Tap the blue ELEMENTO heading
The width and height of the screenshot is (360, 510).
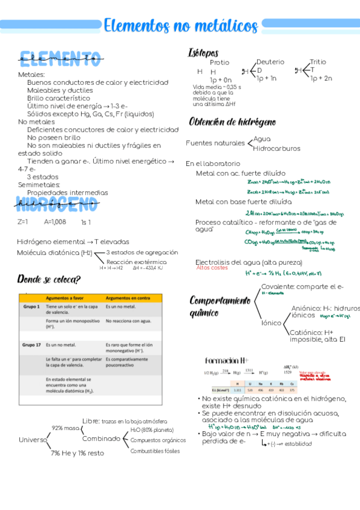[59, 59]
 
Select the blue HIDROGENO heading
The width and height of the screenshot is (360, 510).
[58, 205]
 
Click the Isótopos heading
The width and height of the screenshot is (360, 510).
[203, 53]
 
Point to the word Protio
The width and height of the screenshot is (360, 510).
[219, 63]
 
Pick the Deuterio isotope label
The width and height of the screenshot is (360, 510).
[270, 62]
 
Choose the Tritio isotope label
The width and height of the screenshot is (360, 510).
[318, 62]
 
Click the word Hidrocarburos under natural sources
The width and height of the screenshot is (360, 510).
[276, 148]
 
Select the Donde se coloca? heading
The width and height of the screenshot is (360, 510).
[49, 279]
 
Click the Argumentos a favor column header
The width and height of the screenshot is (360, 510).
[67, 298]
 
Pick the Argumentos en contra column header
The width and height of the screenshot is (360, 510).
[128, 298]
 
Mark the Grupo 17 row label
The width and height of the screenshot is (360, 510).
[31, 345]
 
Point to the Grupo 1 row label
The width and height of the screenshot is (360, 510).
[31, 307]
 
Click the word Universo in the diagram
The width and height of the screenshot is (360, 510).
[32, 440]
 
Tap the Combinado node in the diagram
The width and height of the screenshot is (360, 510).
[102, 438]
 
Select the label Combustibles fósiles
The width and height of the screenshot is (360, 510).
[155, 450]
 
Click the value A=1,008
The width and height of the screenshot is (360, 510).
[55, 222]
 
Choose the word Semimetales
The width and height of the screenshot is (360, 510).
[38, 185]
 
